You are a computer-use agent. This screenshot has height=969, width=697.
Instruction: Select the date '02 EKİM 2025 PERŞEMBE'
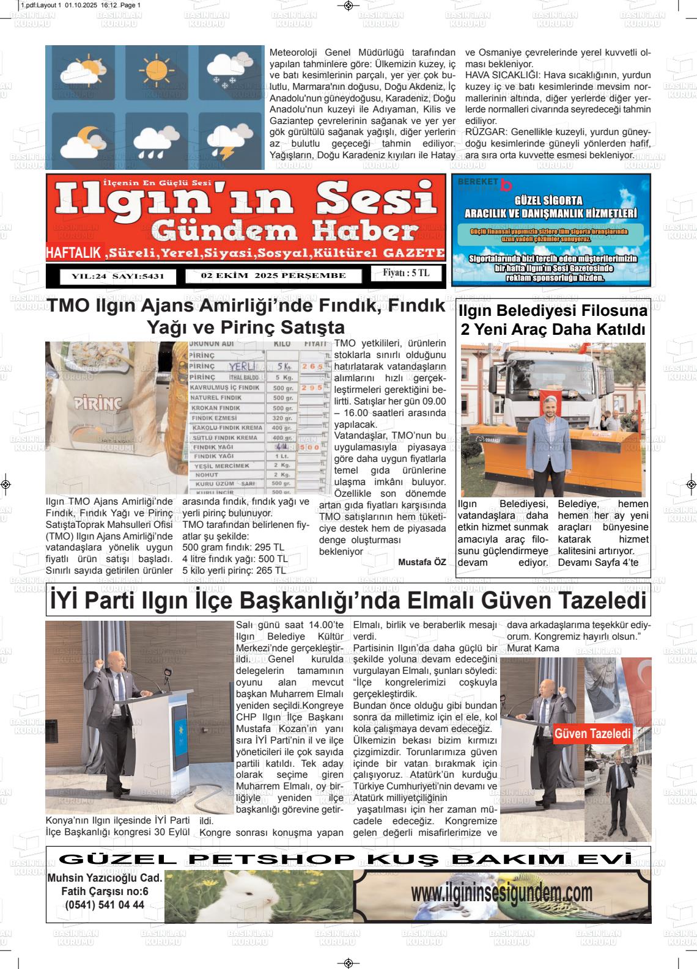[273, 276]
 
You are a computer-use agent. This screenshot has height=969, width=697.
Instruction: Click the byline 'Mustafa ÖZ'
[422, 561]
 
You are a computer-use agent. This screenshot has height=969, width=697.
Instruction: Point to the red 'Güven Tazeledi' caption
[592, 734]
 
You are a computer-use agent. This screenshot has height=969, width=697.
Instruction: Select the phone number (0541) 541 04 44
[105, 905]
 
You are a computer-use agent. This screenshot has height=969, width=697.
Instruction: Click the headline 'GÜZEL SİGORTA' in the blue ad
[548, 200]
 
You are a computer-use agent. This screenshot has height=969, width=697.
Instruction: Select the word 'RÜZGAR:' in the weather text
[486, 131]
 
